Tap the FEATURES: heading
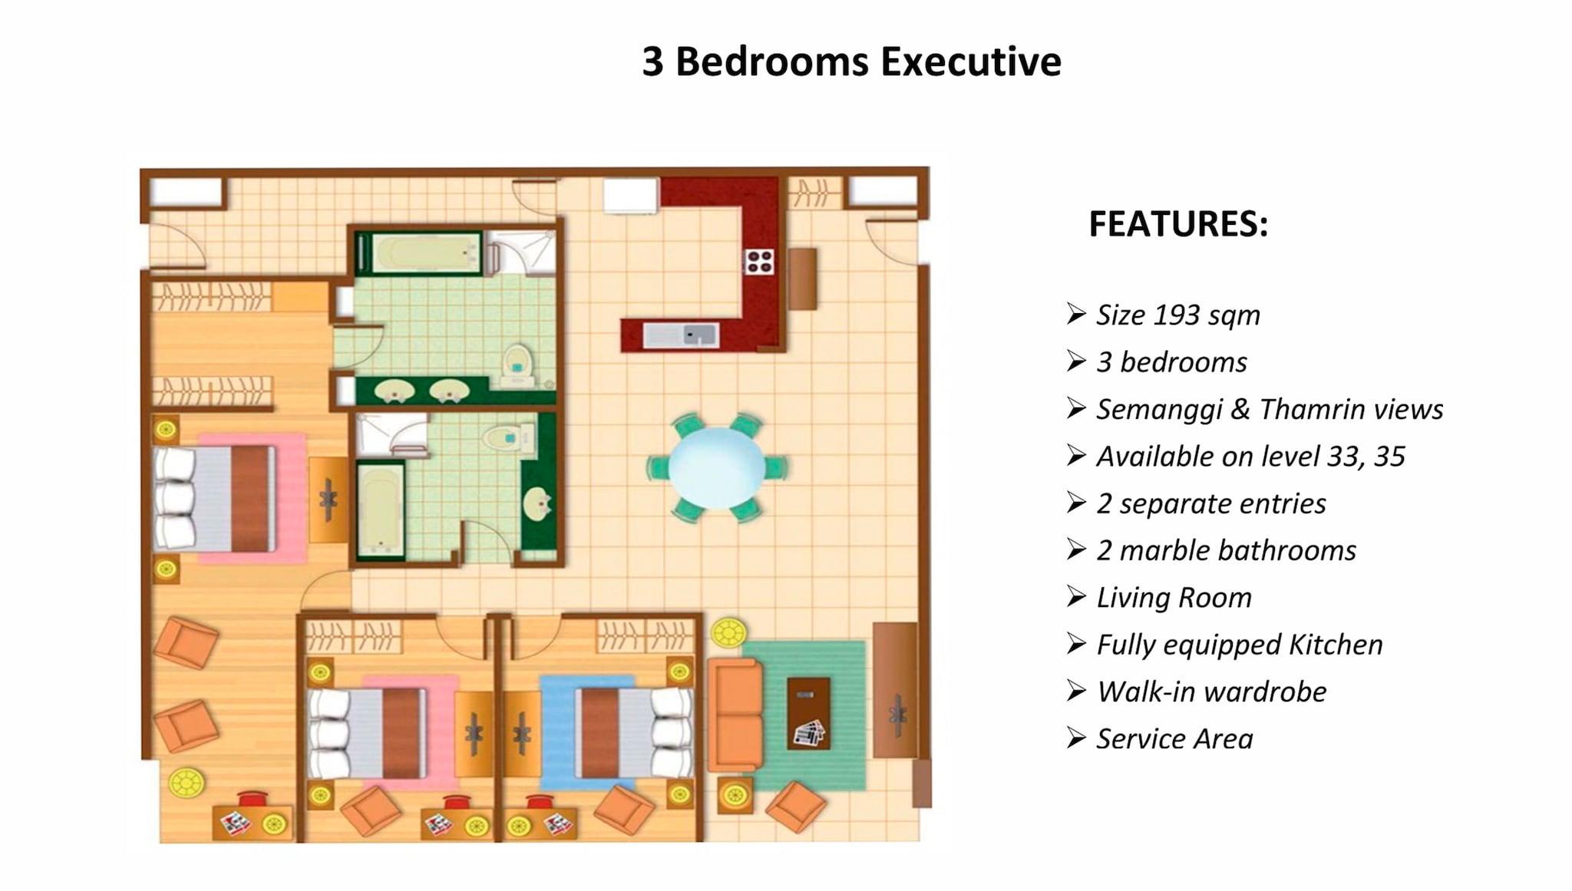point(1178,224)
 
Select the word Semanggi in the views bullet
point(1158,410)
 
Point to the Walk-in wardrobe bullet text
point(1211,692)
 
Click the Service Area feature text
point(1174,739)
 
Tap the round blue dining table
point(716,468)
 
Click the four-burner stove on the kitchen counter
point(759,261)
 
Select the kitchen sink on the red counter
point(681,335)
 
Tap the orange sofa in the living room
point(735,714)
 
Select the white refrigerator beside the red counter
point(630,195)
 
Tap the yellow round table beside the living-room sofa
point(728,633)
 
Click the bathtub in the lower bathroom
point(380,510)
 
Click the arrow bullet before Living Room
point(1075,596)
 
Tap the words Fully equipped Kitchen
point(1239,645)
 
